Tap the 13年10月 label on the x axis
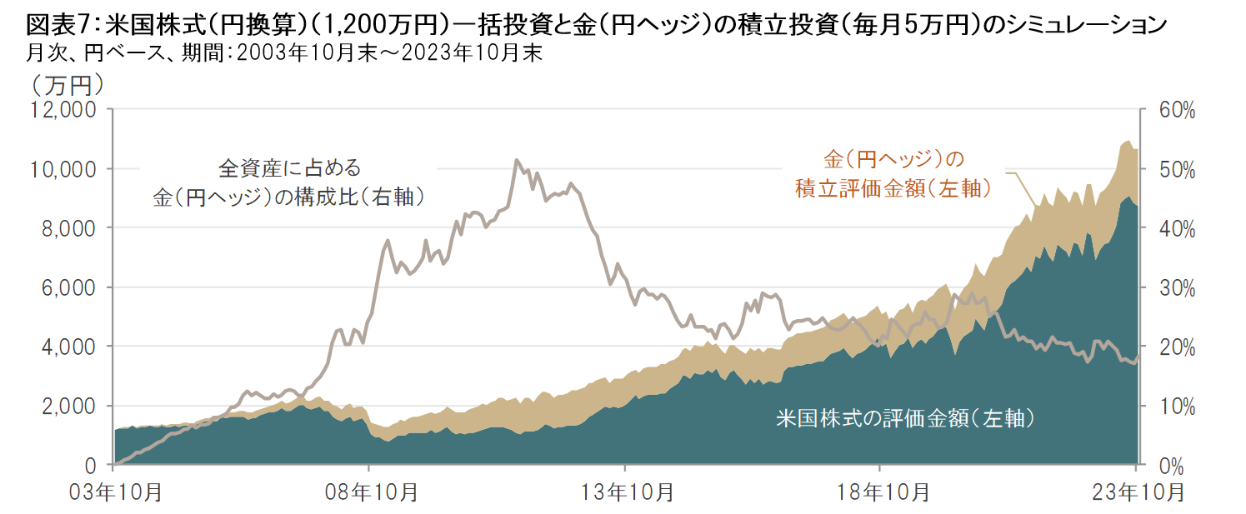point(625,492)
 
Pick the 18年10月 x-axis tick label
point(880,492)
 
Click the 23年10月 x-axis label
point(1135,492)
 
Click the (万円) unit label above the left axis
point(68,84)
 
